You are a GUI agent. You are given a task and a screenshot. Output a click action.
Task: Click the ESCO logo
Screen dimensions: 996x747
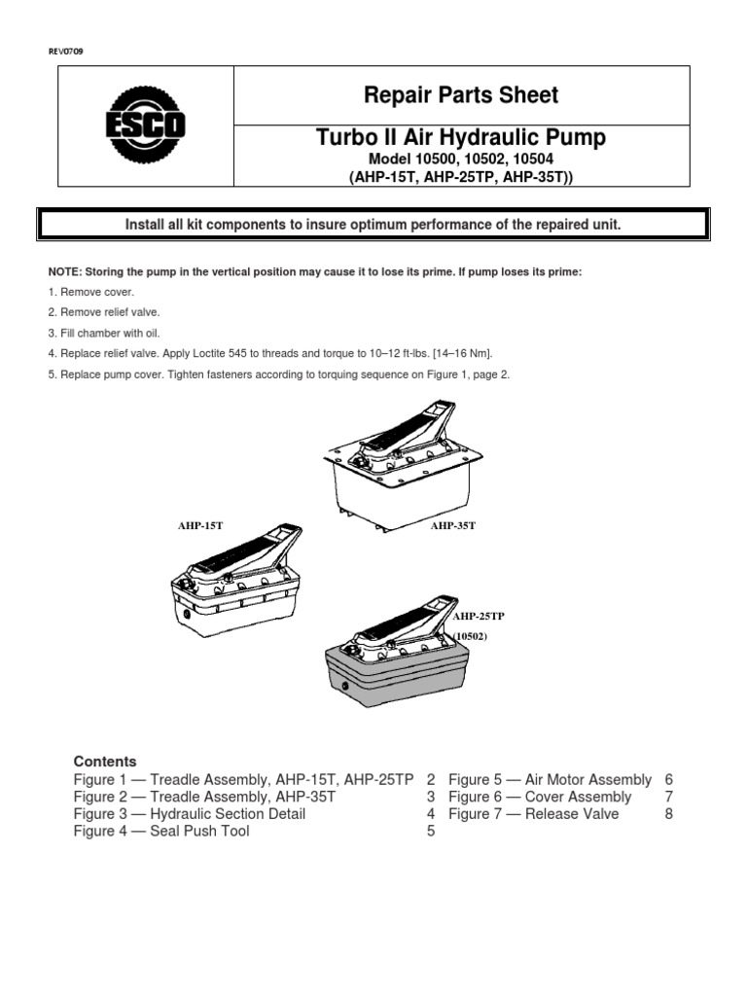point(145,125)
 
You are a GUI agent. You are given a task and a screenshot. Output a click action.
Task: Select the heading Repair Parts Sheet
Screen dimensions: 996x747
point(461,95)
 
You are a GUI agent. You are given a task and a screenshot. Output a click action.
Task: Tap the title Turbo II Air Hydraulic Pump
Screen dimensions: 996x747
point(461,138)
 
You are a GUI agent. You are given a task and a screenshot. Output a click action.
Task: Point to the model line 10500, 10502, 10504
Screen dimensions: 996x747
point(461,159)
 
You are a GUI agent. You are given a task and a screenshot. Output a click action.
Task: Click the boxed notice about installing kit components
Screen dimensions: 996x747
point(373,225)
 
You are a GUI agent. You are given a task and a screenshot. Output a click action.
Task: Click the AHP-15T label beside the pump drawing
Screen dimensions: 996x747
point(200,525)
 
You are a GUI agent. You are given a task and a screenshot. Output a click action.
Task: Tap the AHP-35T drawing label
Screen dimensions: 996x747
point(453,525)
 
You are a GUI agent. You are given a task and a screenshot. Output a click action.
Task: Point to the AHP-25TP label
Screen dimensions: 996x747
point(479,617)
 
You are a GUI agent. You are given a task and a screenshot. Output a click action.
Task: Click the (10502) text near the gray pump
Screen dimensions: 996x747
point(469,636)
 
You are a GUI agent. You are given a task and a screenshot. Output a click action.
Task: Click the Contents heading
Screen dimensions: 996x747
point(105,762)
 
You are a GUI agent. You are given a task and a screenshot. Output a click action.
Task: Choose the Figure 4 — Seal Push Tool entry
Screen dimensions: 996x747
point(161,832)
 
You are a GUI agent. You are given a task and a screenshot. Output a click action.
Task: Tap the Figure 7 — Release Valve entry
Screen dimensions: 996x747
point(533,814)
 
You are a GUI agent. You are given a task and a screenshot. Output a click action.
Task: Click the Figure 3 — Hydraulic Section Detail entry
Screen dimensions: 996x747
point(190,814)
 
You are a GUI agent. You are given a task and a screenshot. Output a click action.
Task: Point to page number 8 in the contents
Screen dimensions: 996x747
point(668,814)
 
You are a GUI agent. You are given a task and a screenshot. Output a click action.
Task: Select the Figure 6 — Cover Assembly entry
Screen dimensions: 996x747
point(540,797)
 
